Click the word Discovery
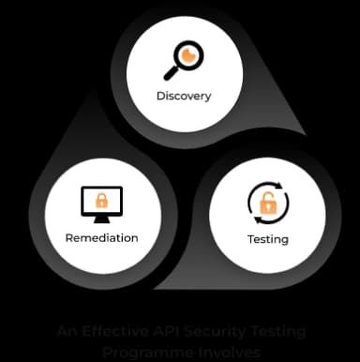184,96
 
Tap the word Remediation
101,237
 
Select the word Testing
269,239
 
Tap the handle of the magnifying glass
171,72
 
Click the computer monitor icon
101,203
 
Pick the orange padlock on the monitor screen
101,200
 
